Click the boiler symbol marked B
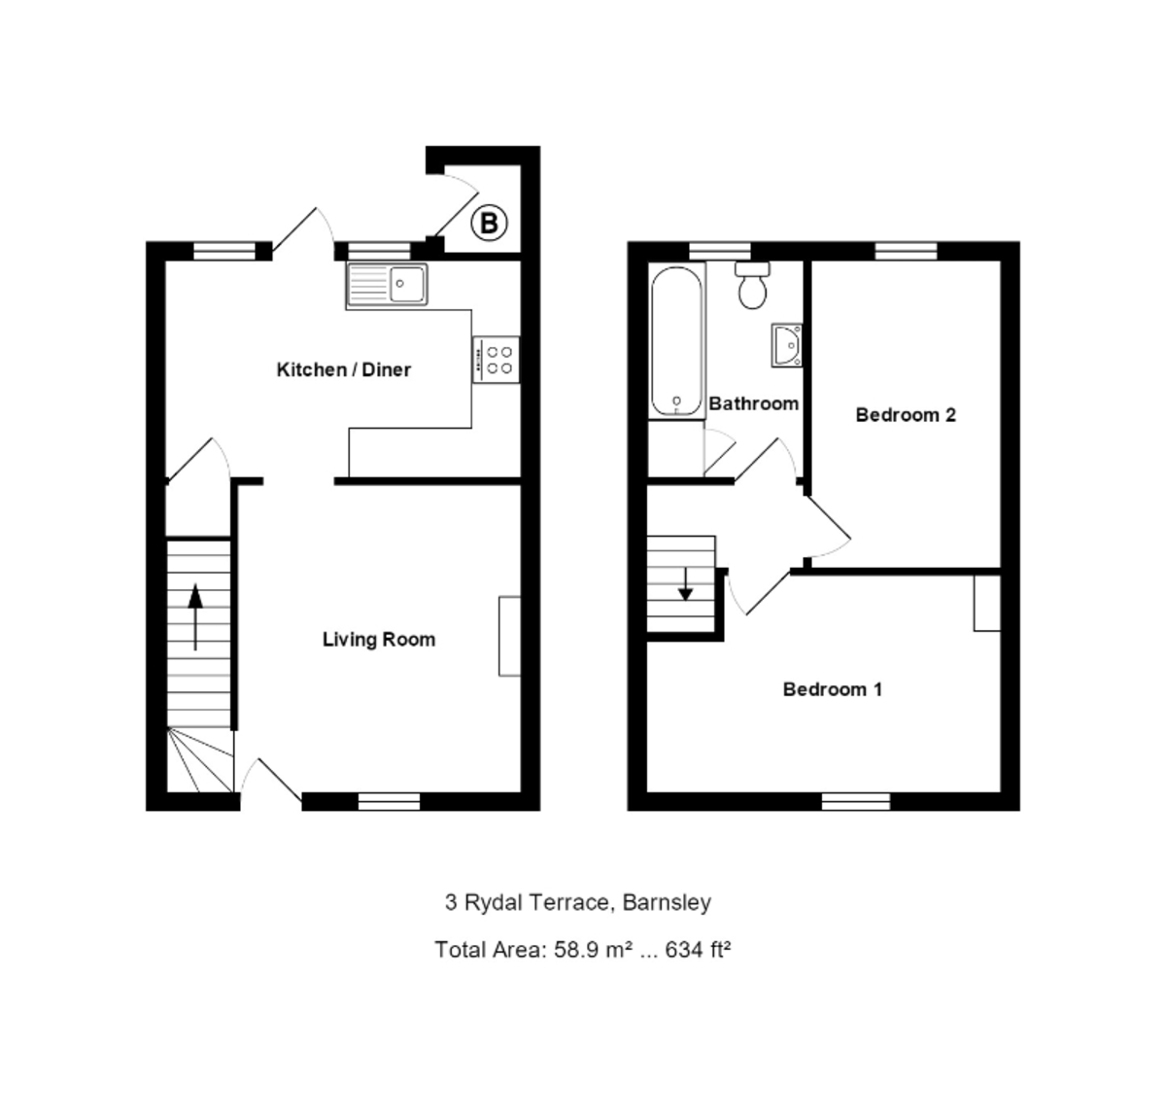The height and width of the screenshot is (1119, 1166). tap(490, 225)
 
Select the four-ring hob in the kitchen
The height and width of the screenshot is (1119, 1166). tap(496, 360)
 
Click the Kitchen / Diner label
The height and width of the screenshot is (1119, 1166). tap(344, 369)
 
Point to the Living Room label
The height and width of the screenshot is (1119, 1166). tap(379, 640)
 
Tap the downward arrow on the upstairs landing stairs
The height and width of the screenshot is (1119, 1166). tap(685, 582)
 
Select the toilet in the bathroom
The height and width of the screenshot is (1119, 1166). tap(753, 285)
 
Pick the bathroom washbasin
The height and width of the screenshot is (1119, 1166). tap(787, 345)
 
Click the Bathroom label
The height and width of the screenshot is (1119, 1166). tap(754, 403)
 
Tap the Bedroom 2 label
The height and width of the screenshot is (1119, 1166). tap(906, 415)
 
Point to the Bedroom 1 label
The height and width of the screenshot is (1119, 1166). tap(833, 689)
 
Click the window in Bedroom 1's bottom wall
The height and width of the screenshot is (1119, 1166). tap(856, 801)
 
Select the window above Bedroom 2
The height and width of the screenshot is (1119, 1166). tap(906, 251)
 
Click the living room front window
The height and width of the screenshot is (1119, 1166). tap(389, 801)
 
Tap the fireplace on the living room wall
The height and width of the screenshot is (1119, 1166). tap(509, 636)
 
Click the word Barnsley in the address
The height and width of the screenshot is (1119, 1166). tap(667, 902)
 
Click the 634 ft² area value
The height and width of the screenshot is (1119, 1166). tap(698, 949)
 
